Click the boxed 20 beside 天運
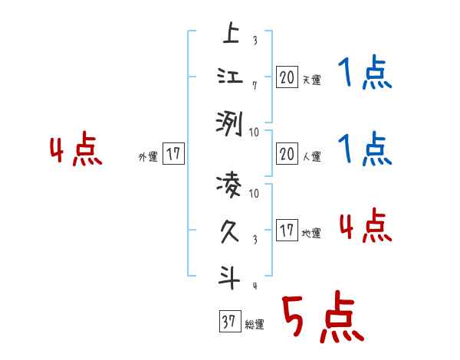[x=287, y=77]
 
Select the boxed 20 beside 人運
[x=287, y=154]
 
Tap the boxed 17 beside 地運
[x=287, y=231]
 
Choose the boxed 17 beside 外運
[x=174, y=154]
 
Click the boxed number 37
[x=228, y=322]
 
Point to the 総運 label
[x=255, y=325]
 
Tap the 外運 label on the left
[x=148, y=157]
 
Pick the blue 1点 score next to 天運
[x=365, y=75]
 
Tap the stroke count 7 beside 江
[x=254, y=87]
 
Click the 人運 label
[x=311, y=157]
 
